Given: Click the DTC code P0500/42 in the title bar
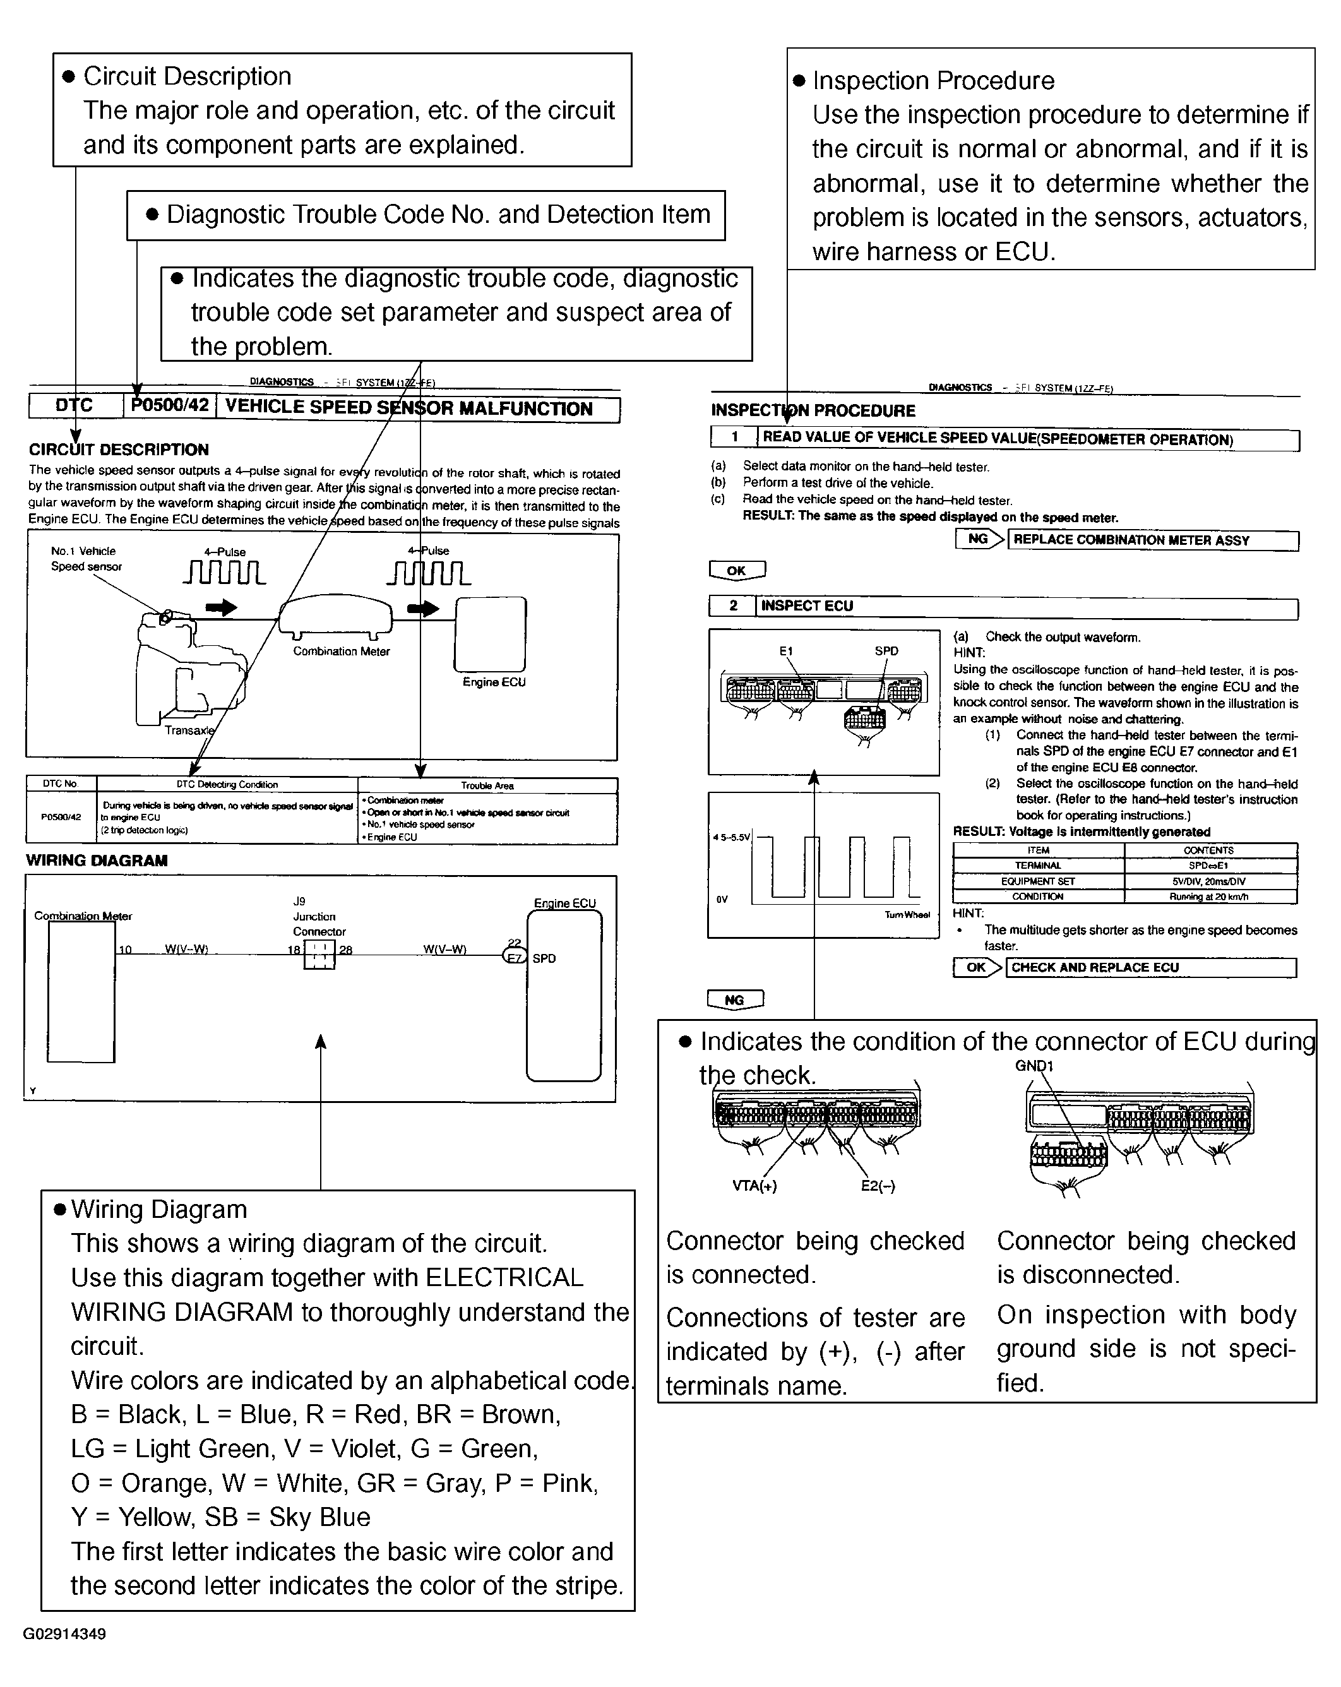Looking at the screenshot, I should tap(170, 405).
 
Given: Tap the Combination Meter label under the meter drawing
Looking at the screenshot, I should tap(341, 651).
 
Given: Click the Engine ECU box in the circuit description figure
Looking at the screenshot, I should tap(491, 634).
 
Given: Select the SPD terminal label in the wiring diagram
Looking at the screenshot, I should tap(544, 958).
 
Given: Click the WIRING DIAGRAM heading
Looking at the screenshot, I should tap(97, 861).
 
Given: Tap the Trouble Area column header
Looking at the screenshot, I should tap(487, 785).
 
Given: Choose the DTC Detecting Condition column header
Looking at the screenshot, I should tap(227, 785).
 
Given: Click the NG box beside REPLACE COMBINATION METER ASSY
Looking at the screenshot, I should tap(978, 539).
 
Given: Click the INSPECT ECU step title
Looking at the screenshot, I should tap(807, 605).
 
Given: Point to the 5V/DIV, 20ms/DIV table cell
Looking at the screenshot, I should tap(1209, 881).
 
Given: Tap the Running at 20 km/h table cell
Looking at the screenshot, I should tap(1209, 897).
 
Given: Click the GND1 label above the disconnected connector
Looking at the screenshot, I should tap(1034, 1066).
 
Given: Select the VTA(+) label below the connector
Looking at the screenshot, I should tap(754, 1186).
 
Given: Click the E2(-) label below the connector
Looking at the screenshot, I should tap(878, 1186).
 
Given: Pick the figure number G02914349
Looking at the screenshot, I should tap(64, 1634).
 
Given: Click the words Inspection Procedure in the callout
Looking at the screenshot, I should tap(933, 81).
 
